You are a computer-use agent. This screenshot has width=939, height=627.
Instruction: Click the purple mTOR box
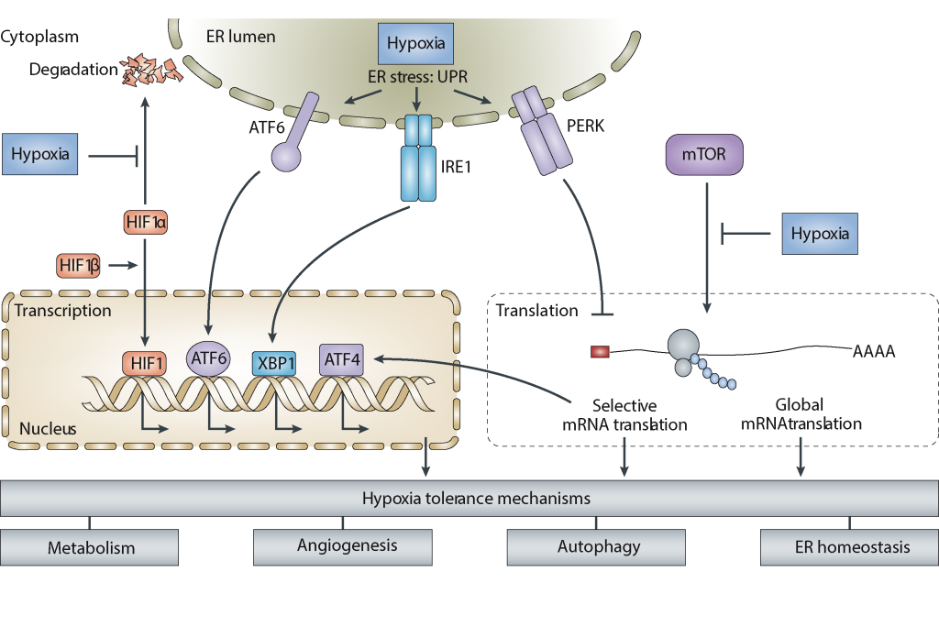pyautogui.click(x=703, y=155)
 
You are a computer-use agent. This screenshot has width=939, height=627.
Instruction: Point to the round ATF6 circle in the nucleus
pyautogui.click(x=207, y=360)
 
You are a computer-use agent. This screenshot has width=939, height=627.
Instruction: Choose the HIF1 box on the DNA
pyautogui.click(x=144, y=363)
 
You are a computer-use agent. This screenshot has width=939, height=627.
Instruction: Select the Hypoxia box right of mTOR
pyautogui.click(x=821, y=234)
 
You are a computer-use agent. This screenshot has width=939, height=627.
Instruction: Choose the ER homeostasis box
pyautogui.click(x=850, y=547)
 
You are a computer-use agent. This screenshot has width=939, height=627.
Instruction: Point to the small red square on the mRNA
pyautogui.click(x=600, y=350)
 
